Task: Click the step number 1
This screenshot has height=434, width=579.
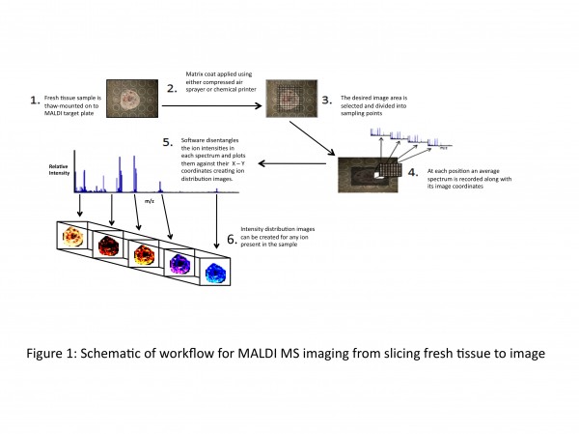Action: [34, 99]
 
